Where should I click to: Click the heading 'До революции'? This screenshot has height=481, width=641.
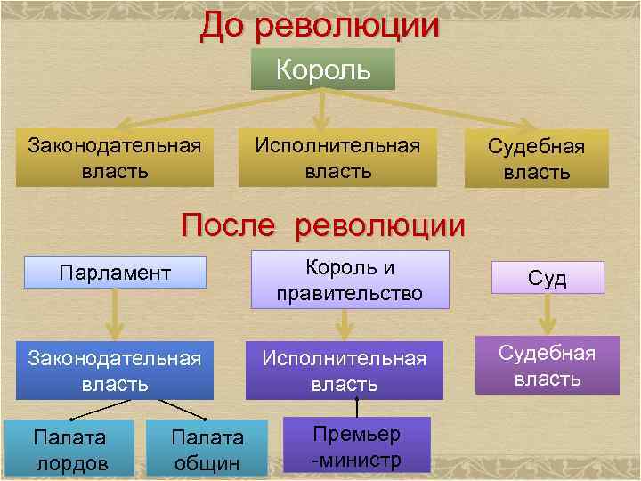click(320, 25)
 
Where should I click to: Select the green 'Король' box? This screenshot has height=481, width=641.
click(322, 69)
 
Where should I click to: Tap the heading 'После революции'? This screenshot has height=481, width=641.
click(322, 224)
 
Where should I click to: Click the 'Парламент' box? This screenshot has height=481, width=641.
click(115, 272)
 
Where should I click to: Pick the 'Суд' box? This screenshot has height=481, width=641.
click(547, 278)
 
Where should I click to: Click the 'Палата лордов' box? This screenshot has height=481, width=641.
click(69, 449)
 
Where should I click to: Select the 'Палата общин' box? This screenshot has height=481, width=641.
click(207, 449)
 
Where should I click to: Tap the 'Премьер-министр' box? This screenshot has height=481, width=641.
click(356, 445)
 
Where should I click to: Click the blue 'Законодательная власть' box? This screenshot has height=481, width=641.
click(113, 371)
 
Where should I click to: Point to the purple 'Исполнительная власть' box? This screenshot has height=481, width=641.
click(345, 371)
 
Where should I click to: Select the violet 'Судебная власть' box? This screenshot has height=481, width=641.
click(547, 365)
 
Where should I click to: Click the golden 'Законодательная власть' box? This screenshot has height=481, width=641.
click(114, 158)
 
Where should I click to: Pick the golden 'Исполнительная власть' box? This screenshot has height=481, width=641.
click(337, 158)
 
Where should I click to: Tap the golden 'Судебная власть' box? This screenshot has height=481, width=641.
click(536, 159)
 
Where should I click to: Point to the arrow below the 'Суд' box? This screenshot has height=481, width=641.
click(547, 312)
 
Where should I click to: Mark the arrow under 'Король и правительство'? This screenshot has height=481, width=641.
click(343, 323)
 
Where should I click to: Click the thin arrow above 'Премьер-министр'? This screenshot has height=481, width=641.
click(356, 407)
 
